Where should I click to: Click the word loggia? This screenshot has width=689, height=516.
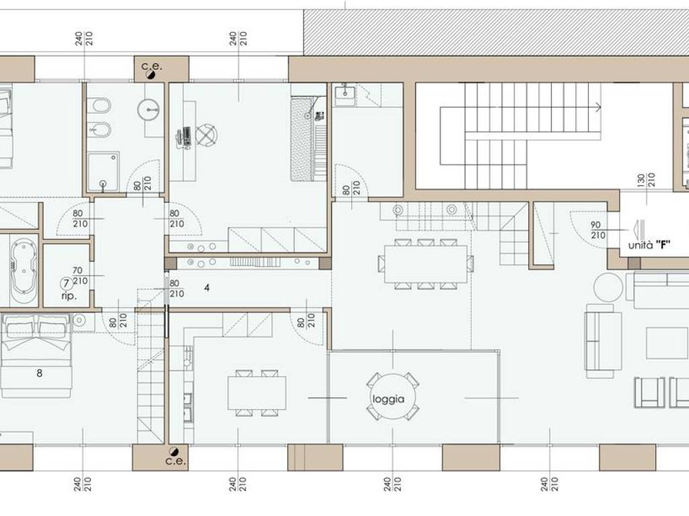point(388,399)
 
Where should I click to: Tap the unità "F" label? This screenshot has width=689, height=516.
point(649,245)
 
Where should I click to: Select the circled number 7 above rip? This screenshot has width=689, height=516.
point(66,284)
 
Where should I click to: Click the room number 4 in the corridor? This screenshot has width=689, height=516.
point(207,288)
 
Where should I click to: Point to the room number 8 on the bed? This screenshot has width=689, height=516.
point(40,374)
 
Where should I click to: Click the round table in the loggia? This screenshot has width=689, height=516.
point(393,396)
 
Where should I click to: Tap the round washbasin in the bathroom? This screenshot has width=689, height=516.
point(149,110)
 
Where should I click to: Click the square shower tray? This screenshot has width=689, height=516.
point(103,171)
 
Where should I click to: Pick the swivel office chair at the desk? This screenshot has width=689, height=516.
point(206,134)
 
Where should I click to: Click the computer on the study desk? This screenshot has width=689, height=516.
point(184,137)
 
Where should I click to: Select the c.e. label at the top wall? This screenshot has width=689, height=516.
point(151,67)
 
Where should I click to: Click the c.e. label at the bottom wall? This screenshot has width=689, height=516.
point(176,461)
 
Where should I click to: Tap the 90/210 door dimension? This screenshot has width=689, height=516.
point(597,230)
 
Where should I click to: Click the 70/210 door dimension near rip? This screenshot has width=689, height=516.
point(80,275)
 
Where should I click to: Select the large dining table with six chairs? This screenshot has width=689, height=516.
point(425,264)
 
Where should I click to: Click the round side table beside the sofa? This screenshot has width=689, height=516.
point(608,287)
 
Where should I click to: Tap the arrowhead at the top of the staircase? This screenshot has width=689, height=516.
point(598,107)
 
